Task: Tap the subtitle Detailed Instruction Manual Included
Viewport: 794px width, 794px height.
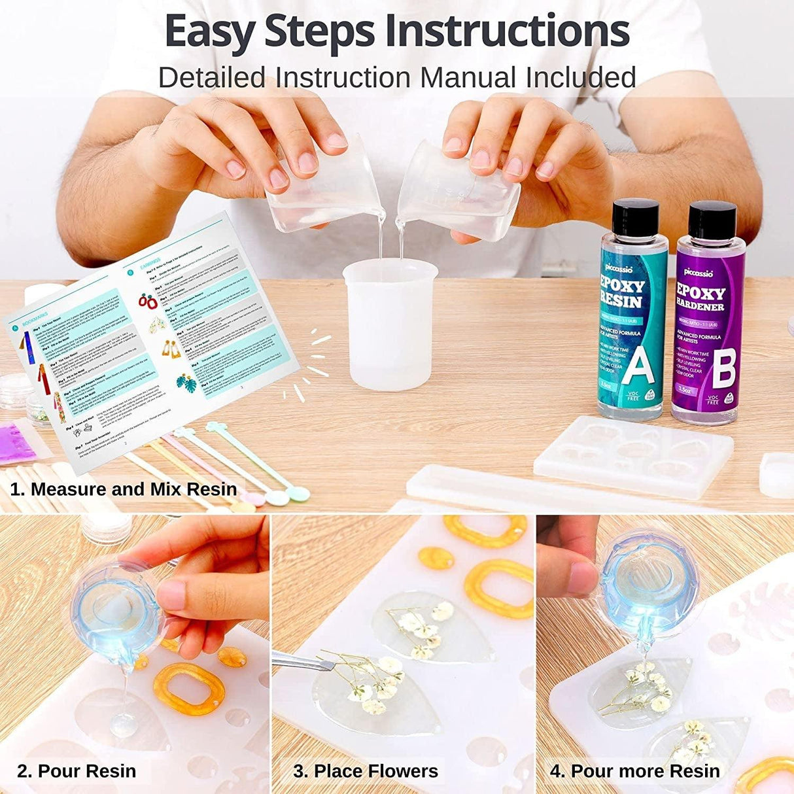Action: coord(397,77)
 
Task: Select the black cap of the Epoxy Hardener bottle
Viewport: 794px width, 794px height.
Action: coord(712,219)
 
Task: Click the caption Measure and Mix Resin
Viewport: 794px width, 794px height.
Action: coord(124,489)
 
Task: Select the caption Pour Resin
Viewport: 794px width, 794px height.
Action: coord(77,771)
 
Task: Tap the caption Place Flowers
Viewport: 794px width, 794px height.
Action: coord(366,771)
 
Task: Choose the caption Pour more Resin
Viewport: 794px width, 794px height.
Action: coord(634,771)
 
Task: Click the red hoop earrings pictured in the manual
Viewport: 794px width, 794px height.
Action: coord(147,302)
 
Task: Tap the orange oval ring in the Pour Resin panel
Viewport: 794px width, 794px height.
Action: coord(189,689)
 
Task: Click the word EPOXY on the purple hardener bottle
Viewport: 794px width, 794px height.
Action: coord(700,292)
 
